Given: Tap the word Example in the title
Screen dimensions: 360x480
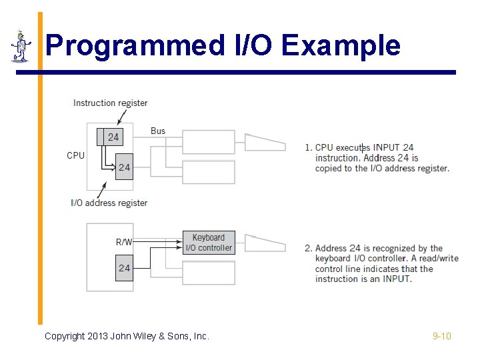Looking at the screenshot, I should point(342,46).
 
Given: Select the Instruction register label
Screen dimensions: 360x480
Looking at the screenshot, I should point(110,103).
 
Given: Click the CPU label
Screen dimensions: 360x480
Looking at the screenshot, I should point(75,155).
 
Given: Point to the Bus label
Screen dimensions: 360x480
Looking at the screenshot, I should point(158,131).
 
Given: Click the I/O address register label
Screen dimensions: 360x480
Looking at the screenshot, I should point(109,203).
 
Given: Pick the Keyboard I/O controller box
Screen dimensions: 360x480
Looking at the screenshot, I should point(209,243).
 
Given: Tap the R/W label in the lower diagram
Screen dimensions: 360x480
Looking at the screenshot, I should point(124,242).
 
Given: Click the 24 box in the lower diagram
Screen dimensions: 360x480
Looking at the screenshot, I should point(124,268).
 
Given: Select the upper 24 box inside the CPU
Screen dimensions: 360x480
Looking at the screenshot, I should point(113,137).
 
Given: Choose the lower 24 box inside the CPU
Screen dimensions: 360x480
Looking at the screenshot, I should point(124,167).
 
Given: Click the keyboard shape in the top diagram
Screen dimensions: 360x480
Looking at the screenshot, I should point(265,142).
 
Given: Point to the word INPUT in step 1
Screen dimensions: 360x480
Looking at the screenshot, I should point(387,147).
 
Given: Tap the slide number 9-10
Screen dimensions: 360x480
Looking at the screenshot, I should point(442,336).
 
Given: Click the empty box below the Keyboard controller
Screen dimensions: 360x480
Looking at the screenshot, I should point(209,272).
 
